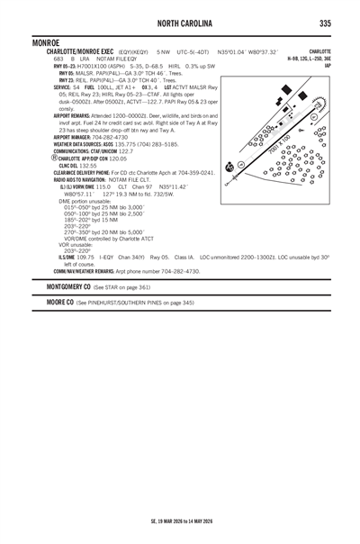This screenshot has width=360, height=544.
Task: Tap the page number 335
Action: pyautogui.click(x=323, y=22)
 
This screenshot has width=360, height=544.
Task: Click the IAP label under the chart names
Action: pyautogui.click(x=328, y=66)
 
